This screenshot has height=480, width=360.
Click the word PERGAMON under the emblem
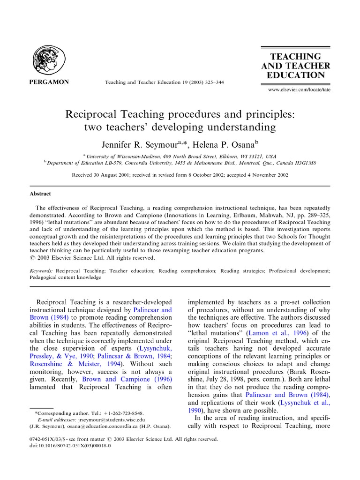50,82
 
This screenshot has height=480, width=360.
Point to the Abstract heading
40,194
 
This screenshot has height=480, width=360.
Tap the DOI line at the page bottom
70,446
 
